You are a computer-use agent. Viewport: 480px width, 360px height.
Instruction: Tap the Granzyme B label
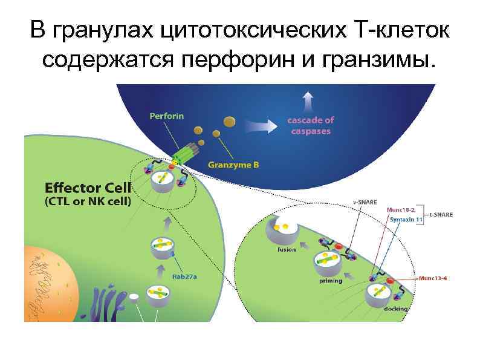[233, 163]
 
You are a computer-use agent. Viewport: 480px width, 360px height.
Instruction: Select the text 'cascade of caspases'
[310, 126]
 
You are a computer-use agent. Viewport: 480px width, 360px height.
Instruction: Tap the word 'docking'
[396, 309]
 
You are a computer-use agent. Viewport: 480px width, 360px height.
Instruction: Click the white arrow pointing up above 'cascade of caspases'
[309, 100]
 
